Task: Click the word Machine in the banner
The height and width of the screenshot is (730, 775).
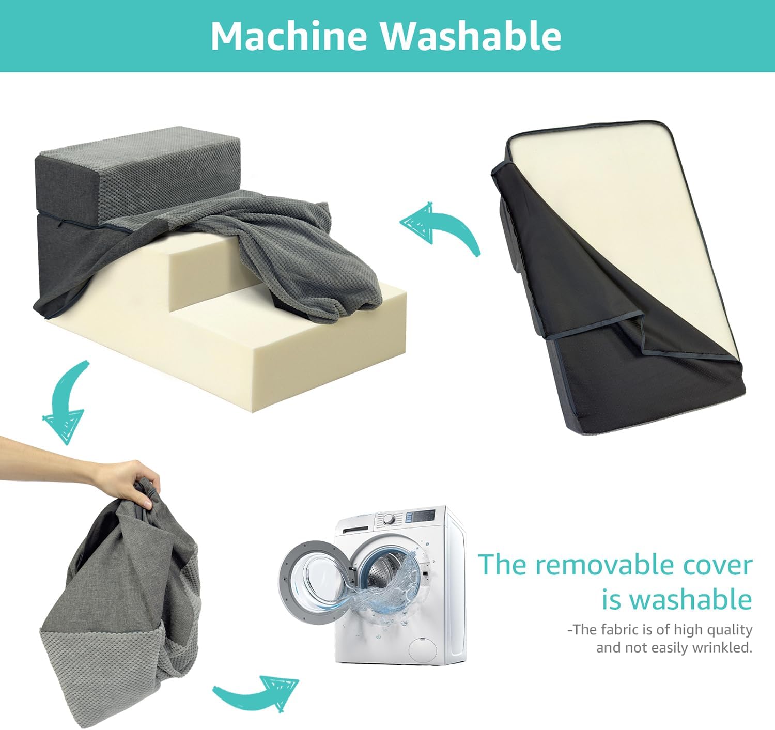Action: [x=289, y=36]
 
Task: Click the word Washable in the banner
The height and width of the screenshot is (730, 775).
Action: [x=471, y=36]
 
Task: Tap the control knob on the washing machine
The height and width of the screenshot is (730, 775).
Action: [x=389, y=520]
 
